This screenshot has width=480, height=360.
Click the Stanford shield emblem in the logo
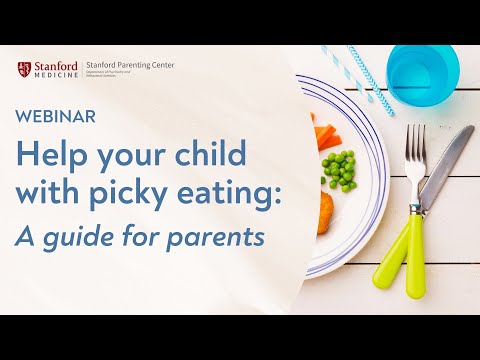24,70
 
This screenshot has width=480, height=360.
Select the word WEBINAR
57,116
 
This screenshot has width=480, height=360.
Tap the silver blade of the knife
447,160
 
